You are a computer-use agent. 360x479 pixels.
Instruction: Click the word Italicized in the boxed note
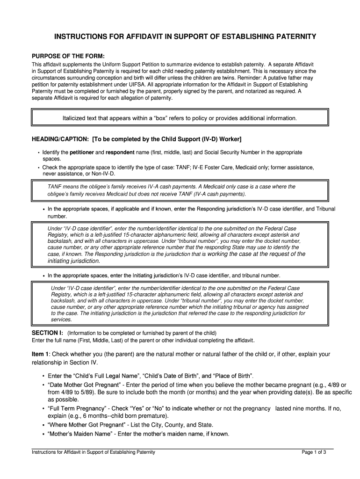click(77, 118)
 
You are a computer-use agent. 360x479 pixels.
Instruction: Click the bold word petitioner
click(82, 152)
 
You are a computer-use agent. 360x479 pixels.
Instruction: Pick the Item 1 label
click(40, 354)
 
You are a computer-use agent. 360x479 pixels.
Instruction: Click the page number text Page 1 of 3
click(314, 452)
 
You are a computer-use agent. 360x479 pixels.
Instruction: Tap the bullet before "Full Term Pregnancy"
click(43, 408)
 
